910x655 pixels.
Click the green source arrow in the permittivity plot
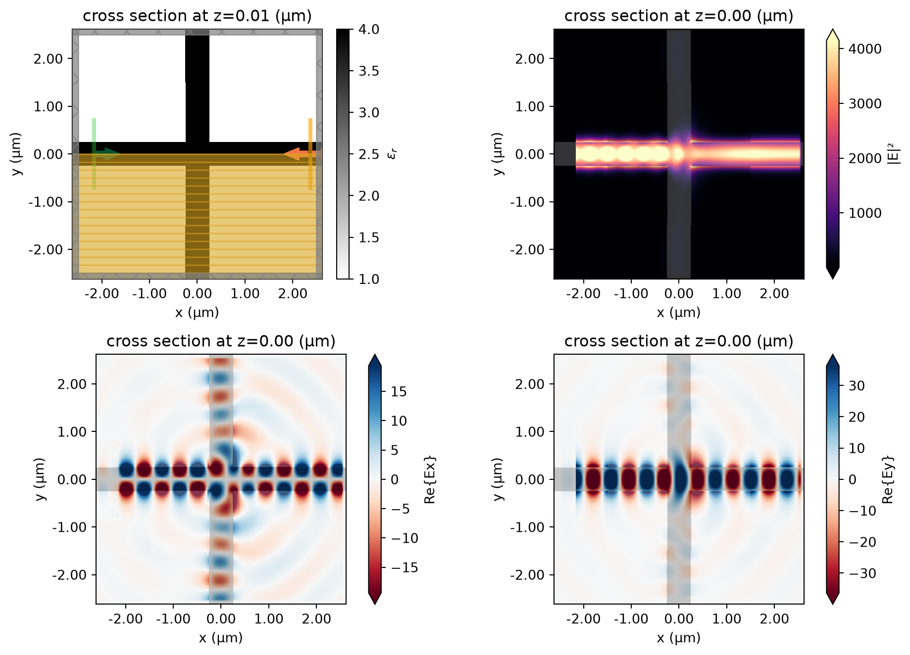click(x=106, y=154)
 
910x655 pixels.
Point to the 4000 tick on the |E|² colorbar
click(x=865, y=49)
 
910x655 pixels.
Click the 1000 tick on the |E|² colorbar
click(x=865, y=213)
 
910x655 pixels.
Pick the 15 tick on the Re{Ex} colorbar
click(x=399, y=392)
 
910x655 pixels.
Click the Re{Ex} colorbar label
click(x=430, y=479)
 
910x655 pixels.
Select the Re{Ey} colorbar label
click(x=888, y=479)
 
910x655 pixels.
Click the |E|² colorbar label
click(x=897, y=153)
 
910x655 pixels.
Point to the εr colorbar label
click(x=392, y=154)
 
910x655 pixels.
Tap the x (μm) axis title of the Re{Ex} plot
click(x=221, y=638)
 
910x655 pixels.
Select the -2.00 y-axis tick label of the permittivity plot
click(x=46, y=250)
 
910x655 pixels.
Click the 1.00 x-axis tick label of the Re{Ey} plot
click(x=726, y=619)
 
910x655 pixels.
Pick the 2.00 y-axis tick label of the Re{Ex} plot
click(x=72, y=384)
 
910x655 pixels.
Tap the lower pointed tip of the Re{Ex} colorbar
click(x=375, y=604)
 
